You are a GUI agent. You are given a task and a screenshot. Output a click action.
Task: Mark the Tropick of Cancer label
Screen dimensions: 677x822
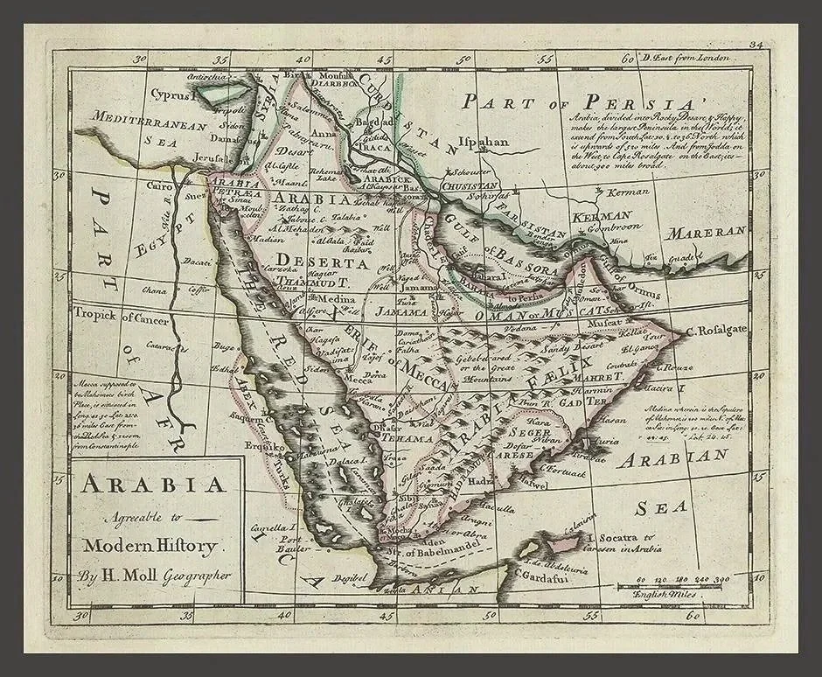(x=122, y=318)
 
